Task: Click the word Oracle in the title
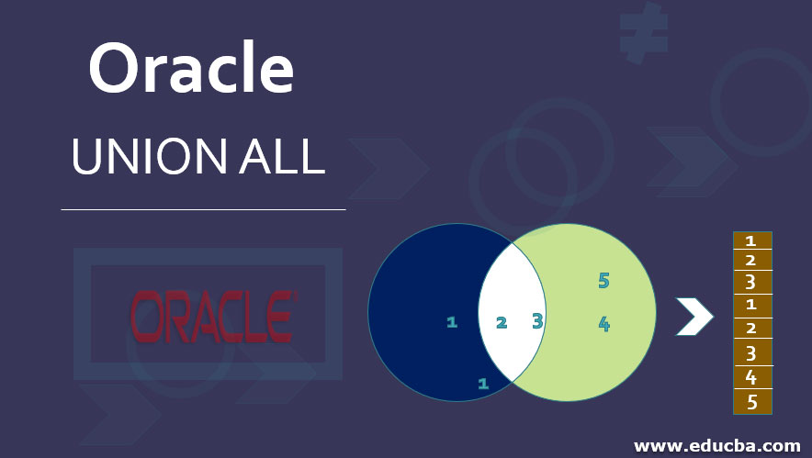(x=191, y=70)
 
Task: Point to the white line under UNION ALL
(x=203, y=209)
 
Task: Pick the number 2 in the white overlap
(x=502, y=322)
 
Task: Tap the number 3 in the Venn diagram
(x=537, y=320)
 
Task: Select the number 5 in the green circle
(x=603, y=281)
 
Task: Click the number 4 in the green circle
(x=603, y=323)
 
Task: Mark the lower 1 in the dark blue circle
(x=482, y=383)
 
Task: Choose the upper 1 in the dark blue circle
(x=451, y=321)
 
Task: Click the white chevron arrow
(x=694, y=317)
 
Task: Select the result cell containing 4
(x=751, y=377)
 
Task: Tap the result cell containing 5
(x=751, y=401)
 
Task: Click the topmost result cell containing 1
(x=751, y=241)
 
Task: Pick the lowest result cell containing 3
(x=751, y=353)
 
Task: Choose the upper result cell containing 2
(x=751, y=261)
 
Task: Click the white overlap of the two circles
(x=513, y=303)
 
